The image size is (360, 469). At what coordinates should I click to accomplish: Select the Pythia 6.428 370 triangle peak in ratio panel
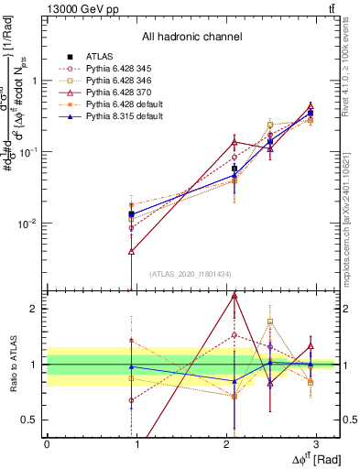click(235, 296)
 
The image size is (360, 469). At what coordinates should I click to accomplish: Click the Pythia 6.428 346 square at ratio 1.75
click(270, 322)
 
